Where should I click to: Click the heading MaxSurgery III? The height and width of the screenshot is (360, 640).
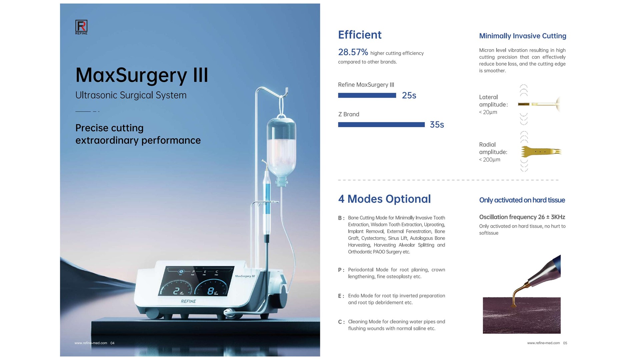142,75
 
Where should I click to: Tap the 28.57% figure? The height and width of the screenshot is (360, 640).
353,52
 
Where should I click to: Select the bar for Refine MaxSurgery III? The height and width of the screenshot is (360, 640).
367,95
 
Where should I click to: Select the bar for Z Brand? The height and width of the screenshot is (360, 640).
381,125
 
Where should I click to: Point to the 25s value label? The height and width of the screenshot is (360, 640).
409,95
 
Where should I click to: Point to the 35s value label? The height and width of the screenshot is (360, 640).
437,125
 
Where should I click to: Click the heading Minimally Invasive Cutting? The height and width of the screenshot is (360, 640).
523,36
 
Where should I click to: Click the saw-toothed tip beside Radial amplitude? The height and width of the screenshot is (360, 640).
541,152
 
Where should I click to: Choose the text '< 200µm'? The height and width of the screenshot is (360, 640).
490,160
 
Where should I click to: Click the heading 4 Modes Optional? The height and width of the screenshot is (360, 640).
384,199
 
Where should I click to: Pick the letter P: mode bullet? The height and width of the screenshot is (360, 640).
341,270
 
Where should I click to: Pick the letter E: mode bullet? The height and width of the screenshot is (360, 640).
341,296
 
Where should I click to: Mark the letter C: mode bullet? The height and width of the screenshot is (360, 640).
341,322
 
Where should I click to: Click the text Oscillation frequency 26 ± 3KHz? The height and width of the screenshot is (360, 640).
522,217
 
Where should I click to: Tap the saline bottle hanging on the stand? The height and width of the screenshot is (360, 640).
281,150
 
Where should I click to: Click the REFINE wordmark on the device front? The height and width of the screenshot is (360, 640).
188,301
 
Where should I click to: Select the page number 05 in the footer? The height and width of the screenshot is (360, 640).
565,343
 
